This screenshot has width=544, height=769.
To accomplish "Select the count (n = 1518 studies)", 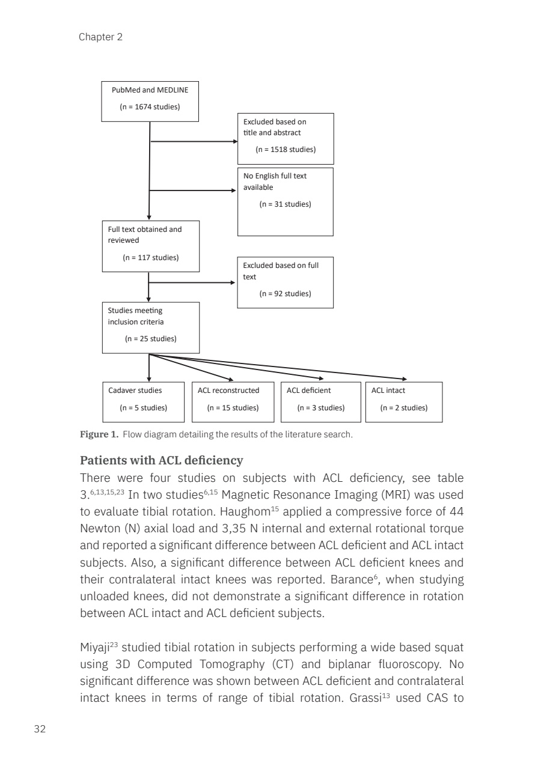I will click(286, 150).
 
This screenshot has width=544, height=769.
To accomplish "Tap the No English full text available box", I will click(286, 201).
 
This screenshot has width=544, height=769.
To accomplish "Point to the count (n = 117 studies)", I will click(150, 258).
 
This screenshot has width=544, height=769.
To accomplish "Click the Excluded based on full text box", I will click(285, 282).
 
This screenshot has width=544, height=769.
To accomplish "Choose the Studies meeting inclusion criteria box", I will click(150, 327).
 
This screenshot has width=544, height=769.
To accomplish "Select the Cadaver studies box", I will click(144, 401).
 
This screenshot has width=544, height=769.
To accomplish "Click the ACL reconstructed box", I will click(233, 401).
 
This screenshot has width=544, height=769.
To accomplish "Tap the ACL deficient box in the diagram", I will click(321, 401).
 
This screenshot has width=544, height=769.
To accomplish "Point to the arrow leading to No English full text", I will click(192, 191).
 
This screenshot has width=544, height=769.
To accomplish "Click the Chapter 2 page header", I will click(100, 37).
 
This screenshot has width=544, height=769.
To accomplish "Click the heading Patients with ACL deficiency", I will click(162, 461).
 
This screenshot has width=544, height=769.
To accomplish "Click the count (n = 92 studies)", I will click(285, 294).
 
